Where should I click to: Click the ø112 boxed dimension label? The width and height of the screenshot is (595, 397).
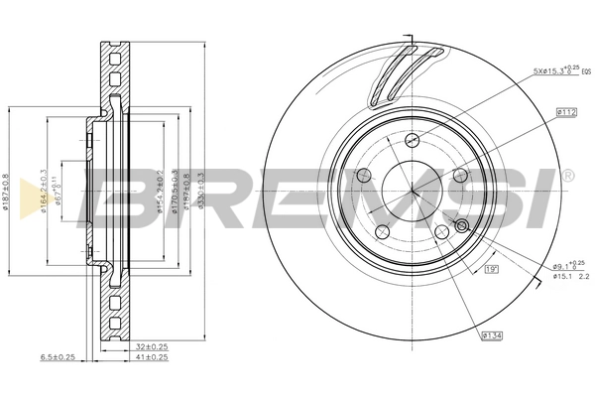click(x=566, y=113)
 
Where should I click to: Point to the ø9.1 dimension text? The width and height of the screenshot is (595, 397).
click(x=563, y=265)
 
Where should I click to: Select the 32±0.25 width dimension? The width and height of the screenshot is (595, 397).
click(x=150, y=346)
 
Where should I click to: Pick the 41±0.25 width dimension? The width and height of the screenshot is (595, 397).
click(x=150, y=357)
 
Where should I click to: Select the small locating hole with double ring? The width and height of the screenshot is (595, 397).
click(x=460, y=226)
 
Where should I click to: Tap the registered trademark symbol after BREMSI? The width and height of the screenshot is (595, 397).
click(x=567, y=176)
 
